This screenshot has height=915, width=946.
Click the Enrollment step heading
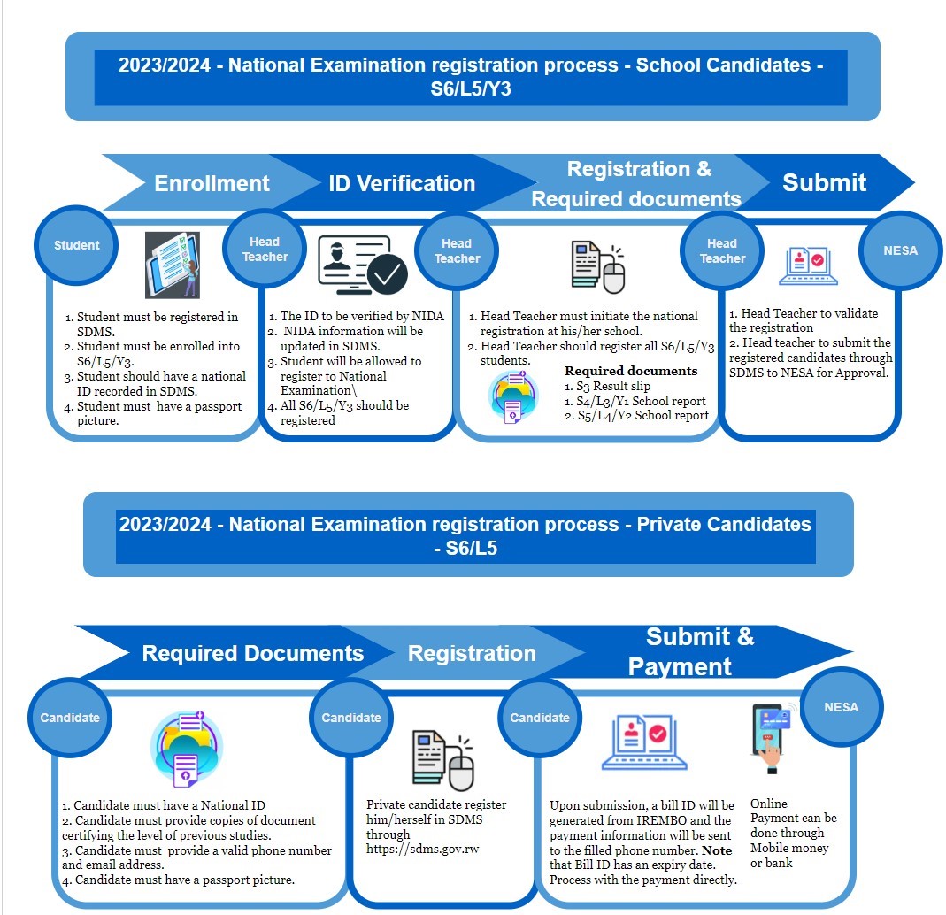pos(212,183)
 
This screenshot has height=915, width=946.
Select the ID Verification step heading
pos(402,183)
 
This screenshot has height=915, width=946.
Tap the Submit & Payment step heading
pos(699,651)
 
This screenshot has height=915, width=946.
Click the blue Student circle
pos(77,245)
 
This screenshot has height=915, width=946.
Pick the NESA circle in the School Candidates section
pos(900,250)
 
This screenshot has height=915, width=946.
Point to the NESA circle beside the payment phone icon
pos(841,707)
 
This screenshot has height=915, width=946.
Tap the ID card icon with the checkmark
pos(363,265)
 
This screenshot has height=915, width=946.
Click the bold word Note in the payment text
pos(716,850)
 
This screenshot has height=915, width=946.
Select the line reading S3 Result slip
pos(607,387)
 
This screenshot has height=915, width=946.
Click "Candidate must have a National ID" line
pos(169,805)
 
